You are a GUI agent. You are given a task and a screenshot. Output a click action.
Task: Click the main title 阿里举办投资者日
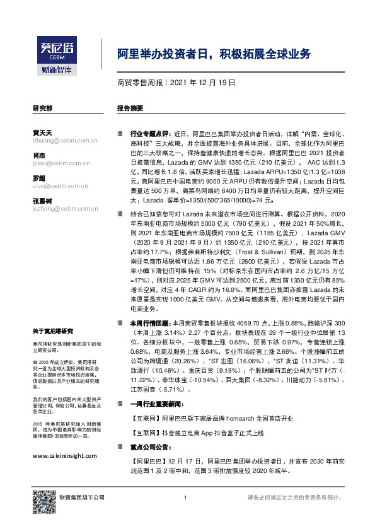click(214, 54)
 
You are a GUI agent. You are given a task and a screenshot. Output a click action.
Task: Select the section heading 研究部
click(42, 108)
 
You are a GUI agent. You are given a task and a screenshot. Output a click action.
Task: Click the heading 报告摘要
click(130, 108)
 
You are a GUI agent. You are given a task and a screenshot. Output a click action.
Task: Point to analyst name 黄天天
click(42, 132)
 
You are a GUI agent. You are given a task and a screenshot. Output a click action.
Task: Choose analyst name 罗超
click(38, 178)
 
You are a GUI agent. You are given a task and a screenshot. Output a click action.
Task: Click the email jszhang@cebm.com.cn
click(58, 207)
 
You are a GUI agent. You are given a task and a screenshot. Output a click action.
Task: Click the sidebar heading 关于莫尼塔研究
click(53, 332)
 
